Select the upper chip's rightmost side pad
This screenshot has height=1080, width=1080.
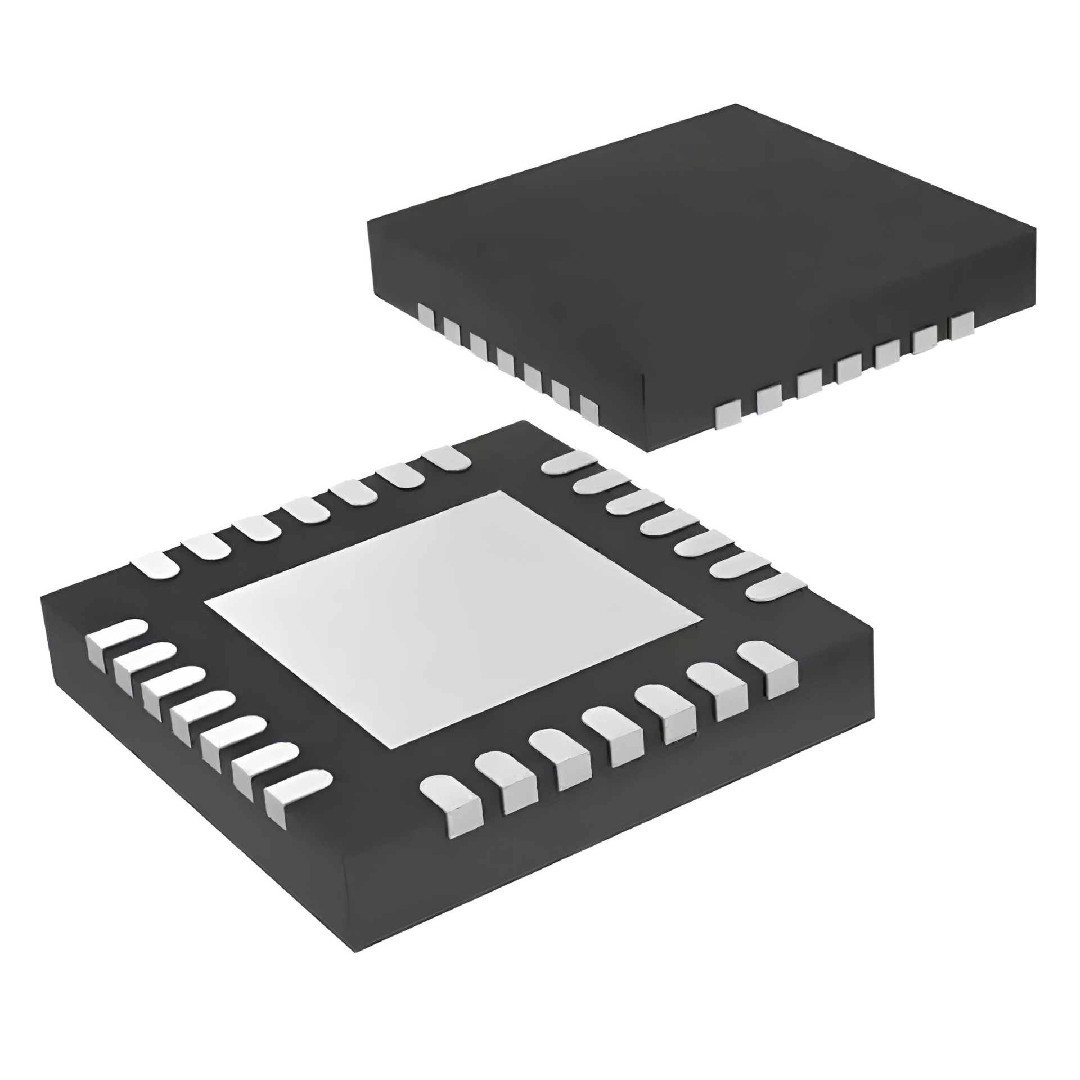point(962,326)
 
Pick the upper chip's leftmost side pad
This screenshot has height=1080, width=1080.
point(427,316)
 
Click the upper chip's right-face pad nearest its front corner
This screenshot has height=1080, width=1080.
point(727,415)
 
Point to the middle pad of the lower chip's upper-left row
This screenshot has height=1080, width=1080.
point(307,510)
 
